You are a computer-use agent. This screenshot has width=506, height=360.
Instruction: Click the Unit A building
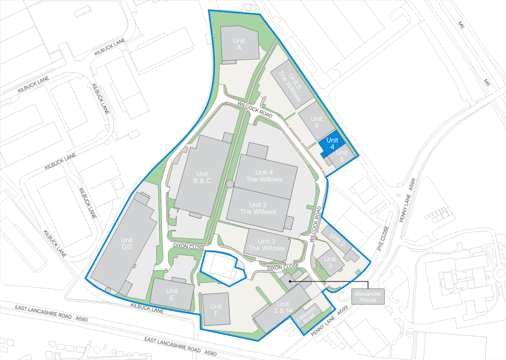pyautogui.click(x=239, y=44)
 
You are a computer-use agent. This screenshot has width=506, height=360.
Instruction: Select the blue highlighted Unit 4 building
pyautogui.click(x=332, y=143)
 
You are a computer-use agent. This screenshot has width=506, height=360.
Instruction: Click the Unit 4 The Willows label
pyautogui.click(x=264, y=176)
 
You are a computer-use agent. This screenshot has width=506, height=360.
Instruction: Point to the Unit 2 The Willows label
pyautogui.click(x=258, y=208)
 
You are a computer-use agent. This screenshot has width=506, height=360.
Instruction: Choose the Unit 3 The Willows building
pyautogui.click(x=266, y=245)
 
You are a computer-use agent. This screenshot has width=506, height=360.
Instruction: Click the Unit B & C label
pyautogui.click(x=202, y=178)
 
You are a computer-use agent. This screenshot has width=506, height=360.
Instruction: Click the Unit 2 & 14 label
pyautogui.click(x=283, y=307)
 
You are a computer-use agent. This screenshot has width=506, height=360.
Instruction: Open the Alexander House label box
pyautogui.click(x=368, y=297)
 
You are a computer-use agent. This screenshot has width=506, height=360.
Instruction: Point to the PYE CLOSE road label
pyautogui.click(x=383, y=238)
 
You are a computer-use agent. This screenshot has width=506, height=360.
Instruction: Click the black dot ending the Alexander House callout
pyautogui.click(x=290, y=282)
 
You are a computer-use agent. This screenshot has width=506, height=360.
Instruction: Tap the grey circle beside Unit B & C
pyautogui.click(x=229, y=184)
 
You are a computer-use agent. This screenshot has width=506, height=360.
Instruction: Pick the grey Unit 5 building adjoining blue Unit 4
pyautogui.click(x=342, y=157)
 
